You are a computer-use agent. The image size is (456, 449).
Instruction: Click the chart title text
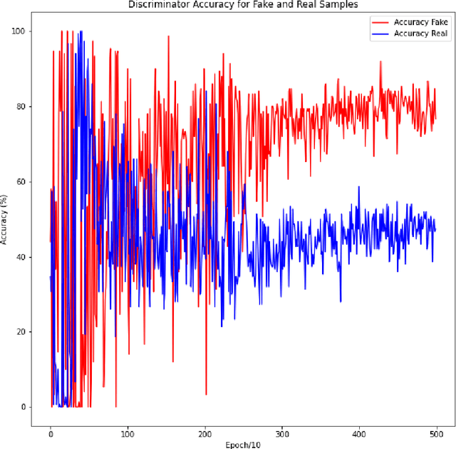(x=243, y=5)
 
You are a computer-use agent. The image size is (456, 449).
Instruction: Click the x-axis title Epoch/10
(x=243, y=444)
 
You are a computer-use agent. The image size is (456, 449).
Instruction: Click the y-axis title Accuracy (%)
(x=6, y=219)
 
